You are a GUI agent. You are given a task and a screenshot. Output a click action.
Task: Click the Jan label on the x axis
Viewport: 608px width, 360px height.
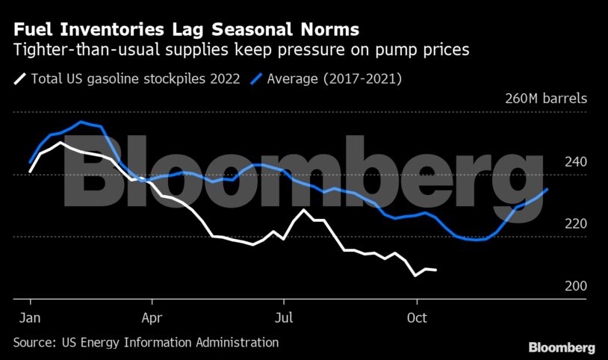[30, 317]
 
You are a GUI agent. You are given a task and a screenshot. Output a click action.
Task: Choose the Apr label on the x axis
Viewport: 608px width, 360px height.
[152, 317]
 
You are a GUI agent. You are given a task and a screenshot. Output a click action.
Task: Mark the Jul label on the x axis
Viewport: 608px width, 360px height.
[284, 317]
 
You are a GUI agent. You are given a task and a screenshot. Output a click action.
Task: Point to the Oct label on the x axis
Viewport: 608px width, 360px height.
[415, 317]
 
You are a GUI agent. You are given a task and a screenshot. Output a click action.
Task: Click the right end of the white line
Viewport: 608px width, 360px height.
[437, 270]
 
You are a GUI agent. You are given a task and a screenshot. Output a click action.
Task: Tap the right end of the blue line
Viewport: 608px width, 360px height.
[548, 189]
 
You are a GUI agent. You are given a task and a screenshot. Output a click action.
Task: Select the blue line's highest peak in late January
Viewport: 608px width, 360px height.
[80, 122]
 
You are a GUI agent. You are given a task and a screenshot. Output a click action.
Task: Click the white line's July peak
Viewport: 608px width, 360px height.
[303, 210]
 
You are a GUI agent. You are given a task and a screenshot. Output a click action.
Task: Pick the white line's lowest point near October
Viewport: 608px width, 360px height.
[415, 276]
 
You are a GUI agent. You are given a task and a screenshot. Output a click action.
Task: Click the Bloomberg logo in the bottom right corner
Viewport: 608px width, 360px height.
[562, 347]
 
